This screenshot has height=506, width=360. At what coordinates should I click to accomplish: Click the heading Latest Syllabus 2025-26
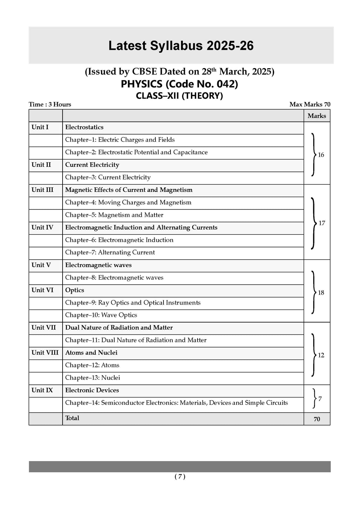pyautogui.click(x=181, y=46)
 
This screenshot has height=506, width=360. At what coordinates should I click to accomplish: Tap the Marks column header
pyautogui.click(x=316, y=116)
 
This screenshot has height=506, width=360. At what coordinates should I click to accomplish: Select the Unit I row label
pyautogui.click(x=40, y=127)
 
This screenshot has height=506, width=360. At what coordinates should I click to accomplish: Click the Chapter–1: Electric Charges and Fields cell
pyautogui.click(x=120, y=140)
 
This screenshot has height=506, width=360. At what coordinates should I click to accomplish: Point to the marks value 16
pyautogui.click(x=321, y=155)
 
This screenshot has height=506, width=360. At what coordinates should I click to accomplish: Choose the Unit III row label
pyautogui.click(x=42, y=190)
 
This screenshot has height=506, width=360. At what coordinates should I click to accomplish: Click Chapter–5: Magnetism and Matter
pyautogui.click(x=114, y=215)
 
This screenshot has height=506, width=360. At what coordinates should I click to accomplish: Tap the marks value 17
pyautogui.click(x=322, y=223)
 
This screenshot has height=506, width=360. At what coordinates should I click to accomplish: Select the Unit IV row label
pyautogui.click(x=42, y=227)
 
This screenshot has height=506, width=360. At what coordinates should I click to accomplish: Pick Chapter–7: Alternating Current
pyautogui.click(x=110, y=253)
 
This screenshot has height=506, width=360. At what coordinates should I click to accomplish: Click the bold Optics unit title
pyautogui.click(x=75, y=290)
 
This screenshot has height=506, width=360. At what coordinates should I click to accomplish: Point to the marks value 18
pyautogui.click(x=321, y=293)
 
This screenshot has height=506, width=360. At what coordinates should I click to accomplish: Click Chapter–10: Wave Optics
pyautogui.click(x=101, y=315)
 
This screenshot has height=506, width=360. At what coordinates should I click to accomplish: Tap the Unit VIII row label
pyautogui.click(x=45, y=353)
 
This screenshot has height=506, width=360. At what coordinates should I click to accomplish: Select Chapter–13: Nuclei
pyautogui.click(x=92, y=378)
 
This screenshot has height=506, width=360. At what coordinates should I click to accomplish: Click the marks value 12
pyautogui.click(x=321, y=355)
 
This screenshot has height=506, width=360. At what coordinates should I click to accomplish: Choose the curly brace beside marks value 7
pyautogui.click(x=314, y=399)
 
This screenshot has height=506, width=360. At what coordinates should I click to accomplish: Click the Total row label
pyautogui.click(x=72, y=418)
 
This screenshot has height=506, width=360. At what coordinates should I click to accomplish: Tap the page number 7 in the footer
pyautogui.click(x=180, y=477)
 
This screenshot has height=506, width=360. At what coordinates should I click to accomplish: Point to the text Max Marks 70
pyautogui.click(x=310, y=104)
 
